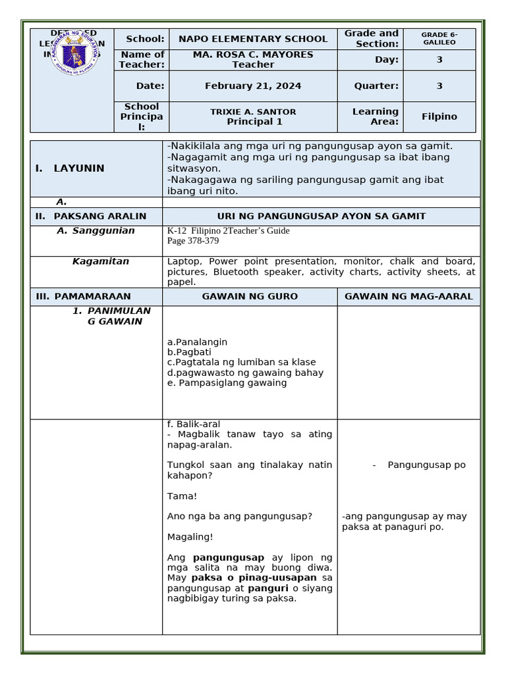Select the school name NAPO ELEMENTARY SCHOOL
pyautogui.click(x=253, y=39)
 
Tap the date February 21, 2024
pyautogui.click(x=253, y=86)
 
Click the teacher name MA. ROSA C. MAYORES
pyautogui.click(x=253, y=55)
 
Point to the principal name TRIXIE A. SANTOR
pyautogui.click(x=253, y=112)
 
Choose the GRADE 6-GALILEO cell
pyautogui.click(x=439, y=38)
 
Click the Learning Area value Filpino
pyautogui.click(x=439, y=117)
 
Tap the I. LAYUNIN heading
pyautogui.click(x=70, y=168)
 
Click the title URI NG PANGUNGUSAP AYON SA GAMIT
pyautogui.click(x=322, y=217)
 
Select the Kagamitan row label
pyautogui.click(x=101, y=261)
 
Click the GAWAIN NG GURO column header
pyautogui.click(x=250, y=297)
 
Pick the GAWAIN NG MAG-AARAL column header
pyautogui.click(x=408, y=297)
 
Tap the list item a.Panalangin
pyautogui.click(x=198, y=342)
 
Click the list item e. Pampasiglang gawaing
pyautogui.click(x=227, y=383)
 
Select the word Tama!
pyautogui.click(x=183, y=496)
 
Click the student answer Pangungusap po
pyautogui.click(x=426, y=465)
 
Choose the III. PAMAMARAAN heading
pyautogui.click(x=84, y=297)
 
